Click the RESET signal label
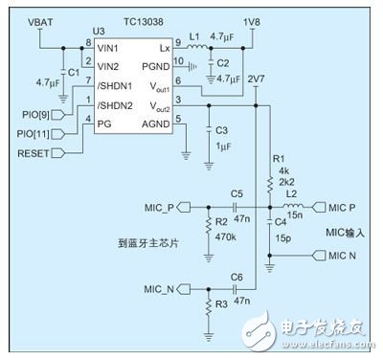coord(27,152)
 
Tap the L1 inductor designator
coord(192,36)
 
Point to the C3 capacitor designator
coord(222,128)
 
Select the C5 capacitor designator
coord(237,192)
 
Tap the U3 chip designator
coord(99,32)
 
